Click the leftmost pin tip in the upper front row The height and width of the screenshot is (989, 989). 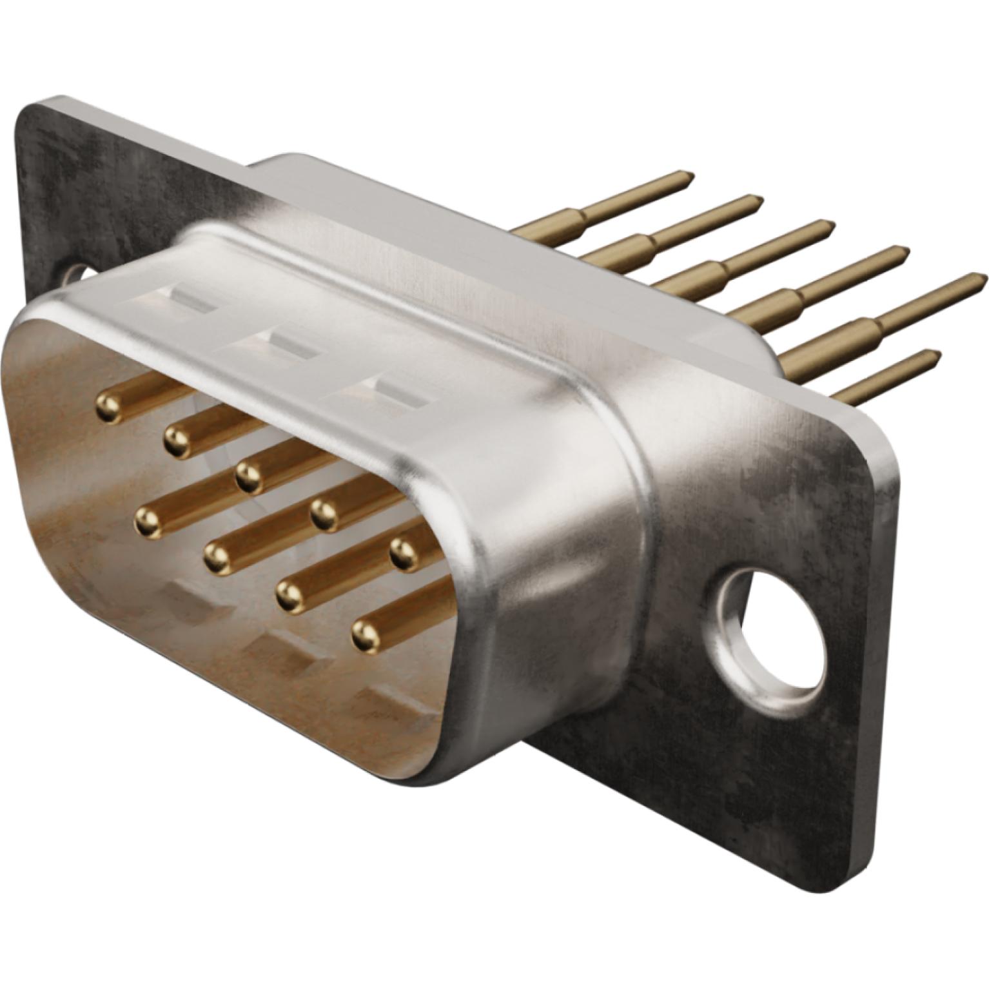click(x=108, y=408)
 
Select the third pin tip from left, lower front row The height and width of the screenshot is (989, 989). click(x=289, y=594)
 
